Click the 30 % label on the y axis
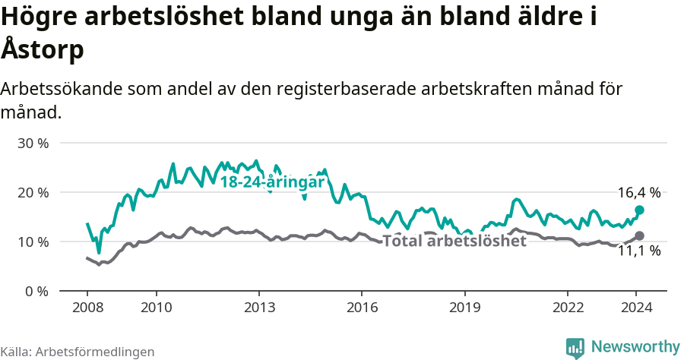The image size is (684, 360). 33,143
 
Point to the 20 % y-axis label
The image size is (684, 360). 33,192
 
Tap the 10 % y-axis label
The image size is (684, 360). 33,242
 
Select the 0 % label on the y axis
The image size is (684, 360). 36,291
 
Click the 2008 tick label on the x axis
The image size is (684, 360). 87,307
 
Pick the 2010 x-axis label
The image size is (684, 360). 156,307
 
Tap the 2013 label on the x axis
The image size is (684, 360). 259,307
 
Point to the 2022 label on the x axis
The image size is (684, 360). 568,307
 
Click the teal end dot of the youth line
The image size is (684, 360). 639,210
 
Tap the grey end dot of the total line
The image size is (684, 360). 639,236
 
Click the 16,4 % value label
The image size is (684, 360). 638,193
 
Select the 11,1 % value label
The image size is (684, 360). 638,251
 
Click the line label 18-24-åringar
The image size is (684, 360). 272,182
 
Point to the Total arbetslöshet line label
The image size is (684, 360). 454,242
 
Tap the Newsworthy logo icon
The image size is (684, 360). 575,348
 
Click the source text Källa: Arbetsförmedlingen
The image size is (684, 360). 78,352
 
